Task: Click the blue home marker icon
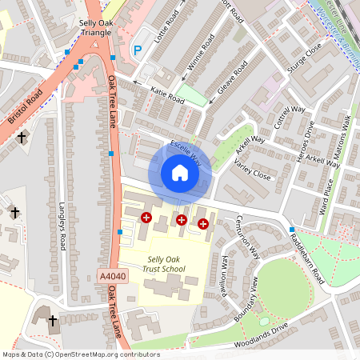tap(180, 173)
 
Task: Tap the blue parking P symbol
tap(137, 50)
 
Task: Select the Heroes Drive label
tap(306, 143)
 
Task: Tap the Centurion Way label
tap(251, 238)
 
